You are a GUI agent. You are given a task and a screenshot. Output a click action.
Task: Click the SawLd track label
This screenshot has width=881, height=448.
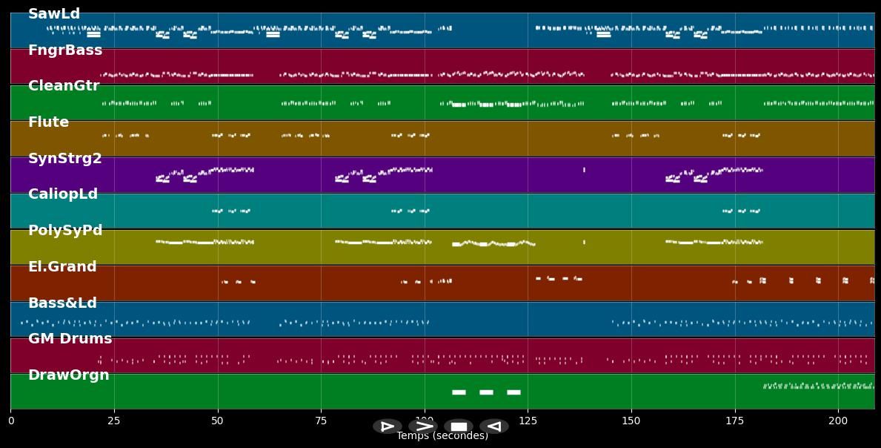tap(54, 14)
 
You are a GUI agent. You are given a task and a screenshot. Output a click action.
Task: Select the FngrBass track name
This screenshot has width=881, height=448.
tap(65, 50)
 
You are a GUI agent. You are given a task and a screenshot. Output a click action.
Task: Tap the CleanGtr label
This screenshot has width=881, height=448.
tap(64, 86)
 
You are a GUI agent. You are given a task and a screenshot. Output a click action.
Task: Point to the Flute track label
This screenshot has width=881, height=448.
tap(48, 122)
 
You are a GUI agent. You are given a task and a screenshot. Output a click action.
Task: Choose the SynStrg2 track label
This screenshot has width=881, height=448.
tap(65, 159)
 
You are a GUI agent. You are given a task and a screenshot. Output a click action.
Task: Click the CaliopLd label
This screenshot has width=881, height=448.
tap(63, 194)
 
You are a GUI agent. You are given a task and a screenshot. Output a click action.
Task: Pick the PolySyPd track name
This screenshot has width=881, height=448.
tap(65, 231)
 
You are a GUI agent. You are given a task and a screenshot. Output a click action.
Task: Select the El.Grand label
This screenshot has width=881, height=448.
tap(62, 267)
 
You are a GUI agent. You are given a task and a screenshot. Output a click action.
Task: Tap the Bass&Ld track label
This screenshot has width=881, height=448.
tap(62, 303)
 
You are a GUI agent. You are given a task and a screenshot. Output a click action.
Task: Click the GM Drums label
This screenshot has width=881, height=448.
tap(70, 339)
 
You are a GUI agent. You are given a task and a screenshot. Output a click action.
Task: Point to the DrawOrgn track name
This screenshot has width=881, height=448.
tap(69, 375)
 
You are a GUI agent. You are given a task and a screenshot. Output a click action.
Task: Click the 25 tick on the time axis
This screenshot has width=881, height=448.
tap(114, 421)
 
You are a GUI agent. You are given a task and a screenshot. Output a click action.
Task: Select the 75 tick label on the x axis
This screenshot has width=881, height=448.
tap(321, 421)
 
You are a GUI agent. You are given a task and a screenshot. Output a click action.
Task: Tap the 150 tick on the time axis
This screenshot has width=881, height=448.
tap(631, 421)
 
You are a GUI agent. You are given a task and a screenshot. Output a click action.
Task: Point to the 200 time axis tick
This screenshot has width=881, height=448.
tap(838, 421)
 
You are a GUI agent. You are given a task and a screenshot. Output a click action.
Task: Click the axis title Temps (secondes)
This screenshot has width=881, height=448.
tap(442, 436)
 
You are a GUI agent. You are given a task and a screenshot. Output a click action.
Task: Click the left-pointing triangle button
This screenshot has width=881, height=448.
tap(493, 426)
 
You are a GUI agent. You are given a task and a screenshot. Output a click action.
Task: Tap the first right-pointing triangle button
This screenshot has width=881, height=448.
tap(387, 426)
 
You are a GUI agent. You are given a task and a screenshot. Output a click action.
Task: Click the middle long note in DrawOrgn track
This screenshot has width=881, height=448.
tap(486, 392)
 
